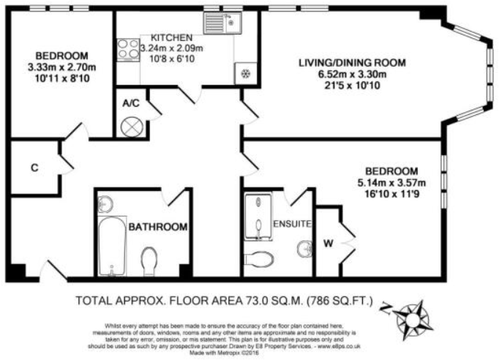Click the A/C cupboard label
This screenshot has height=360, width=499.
coord(131,103)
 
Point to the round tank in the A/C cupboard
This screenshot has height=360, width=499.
coord(131,126)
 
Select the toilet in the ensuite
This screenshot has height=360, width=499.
coord(257,258)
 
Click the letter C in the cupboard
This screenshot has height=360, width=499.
coord(34,168)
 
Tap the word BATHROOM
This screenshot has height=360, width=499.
coord(158,228)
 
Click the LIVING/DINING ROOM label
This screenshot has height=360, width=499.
coord(351,62)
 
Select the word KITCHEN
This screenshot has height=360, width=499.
coord(171,37)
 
